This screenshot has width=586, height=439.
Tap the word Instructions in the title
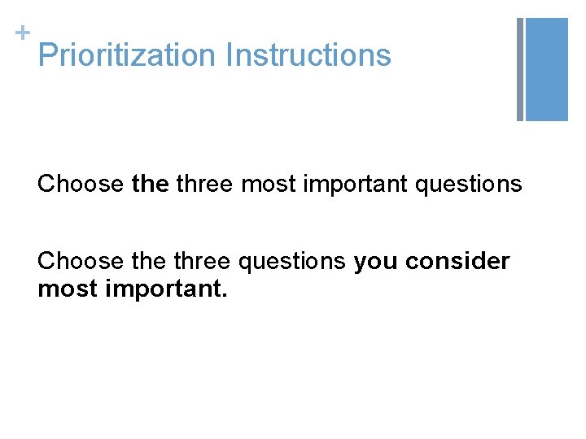308,55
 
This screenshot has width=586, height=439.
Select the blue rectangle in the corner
547,69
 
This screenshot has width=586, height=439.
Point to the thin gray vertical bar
520,69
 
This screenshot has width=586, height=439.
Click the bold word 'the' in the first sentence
150,185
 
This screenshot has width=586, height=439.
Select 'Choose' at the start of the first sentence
81,185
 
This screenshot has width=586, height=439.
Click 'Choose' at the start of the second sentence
81,262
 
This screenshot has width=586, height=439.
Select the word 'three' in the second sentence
203,262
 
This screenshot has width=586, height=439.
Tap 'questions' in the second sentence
292,262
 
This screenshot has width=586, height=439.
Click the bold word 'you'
375,262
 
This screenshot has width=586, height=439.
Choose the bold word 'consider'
458,262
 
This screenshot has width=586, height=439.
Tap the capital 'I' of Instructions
230,55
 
